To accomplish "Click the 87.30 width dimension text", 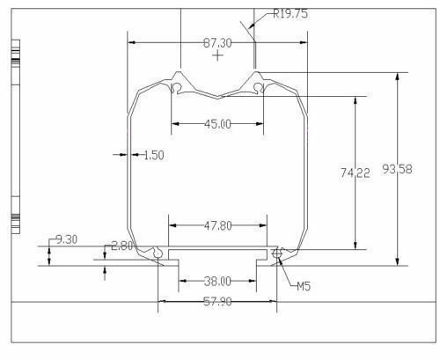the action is [x=217, y=43].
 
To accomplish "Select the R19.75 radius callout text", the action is [x=290, y=13].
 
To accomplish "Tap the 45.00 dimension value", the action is [x=217, y=124].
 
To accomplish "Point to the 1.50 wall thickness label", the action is [x=154, y=155].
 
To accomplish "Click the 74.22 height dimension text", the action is [x=355, y=173].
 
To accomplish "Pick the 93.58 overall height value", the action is [x=397, y=169].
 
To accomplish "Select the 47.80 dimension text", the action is [x=218, y=225].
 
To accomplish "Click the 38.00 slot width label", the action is [x=217, y=282].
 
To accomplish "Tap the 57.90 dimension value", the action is [x=217, y=301].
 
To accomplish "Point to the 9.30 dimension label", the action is [x=67, y=239].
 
